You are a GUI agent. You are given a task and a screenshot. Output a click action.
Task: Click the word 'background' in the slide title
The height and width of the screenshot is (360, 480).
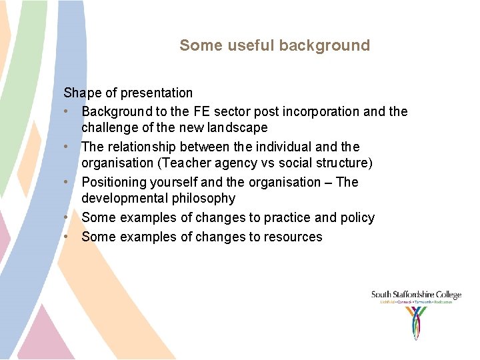(324, 46)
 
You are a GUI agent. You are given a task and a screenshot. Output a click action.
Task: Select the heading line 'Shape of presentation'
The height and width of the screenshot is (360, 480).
(128, 93)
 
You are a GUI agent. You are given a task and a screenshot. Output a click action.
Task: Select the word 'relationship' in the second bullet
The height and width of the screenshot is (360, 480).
(141, 147)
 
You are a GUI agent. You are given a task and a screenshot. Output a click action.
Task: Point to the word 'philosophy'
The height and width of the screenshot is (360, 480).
(203, 199)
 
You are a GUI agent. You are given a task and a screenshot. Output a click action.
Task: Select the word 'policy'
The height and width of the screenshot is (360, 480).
(357, 218)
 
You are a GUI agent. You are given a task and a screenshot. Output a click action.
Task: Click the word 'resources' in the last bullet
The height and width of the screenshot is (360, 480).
(293, 237)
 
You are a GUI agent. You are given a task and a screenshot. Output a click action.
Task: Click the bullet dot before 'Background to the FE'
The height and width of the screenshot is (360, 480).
(67, 112)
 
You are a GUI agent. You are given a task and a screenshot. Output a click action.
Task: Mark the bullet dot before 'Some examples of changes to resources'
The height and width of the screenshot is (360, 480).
(67, 237)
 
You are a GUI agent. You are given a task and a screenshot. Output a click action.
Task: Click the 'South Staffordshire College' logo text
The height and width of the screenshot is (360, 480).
(416, 295)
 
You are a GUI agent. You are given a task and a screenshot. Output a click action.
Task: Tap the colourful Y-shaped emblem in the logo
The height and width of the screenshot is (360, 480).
(417, 322)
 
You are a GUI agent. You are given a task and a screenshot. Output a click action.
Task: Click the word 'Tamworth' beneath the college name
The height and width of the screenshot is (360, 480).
(422, 302)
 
